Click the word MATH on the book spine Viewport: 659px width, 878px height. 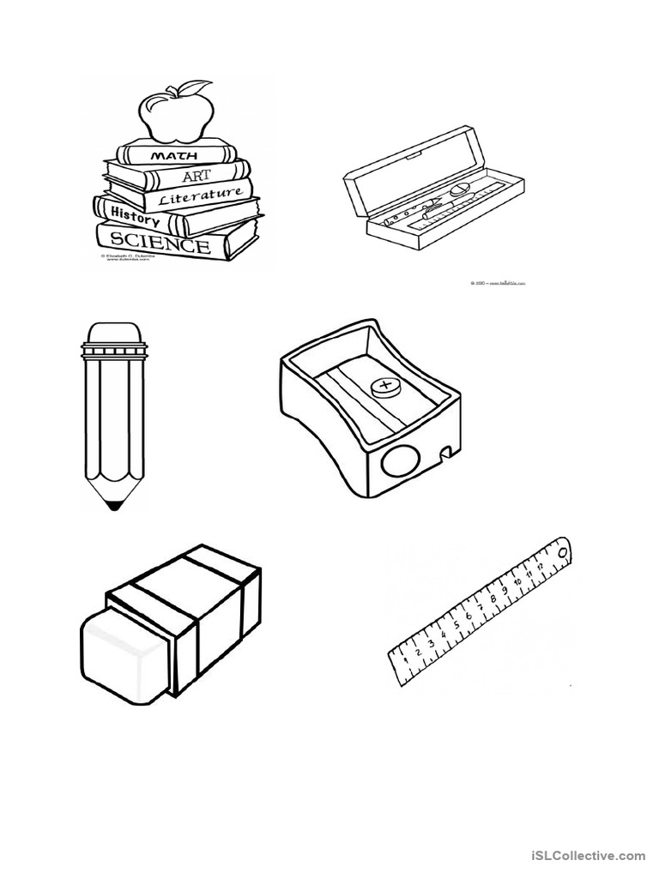(175, 156)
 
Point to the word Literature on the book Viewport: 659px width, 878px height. (201, 196)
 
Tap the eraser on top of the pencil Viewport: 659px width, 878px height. (113, 333)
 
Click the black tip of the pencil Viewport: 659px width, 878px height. (113, 506)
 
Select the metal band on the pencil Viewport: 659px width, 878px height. (113, 352)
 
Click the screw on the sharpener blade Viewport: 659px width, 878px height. (385, 388)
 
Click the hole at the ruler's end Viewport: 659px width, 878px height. (562, 552)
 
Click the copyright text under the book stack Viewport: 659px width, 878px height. (125, 258)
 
